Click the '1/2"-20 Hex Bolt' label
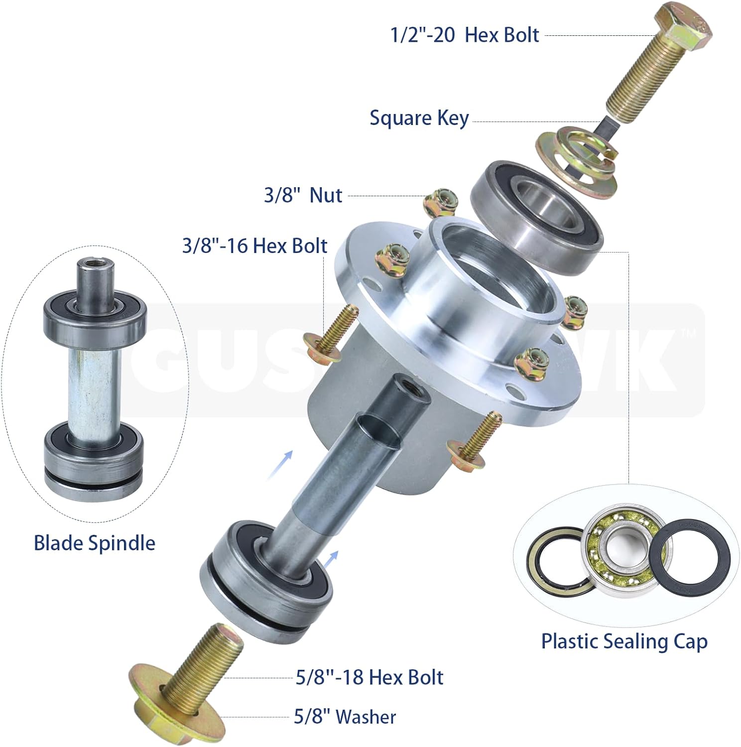pos(465,35)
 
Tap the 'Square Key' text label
pos(419,119)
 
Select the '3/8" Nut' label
pos(303,195)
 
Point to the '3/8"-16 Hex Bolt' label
pos(254,246)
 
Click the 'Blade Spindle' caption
pos(94,542)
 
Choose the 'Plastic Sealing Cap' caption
pos(624,641)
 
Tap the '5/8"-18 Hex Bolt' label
pos(369,677)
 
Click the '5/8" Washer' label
pos(345,717)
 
